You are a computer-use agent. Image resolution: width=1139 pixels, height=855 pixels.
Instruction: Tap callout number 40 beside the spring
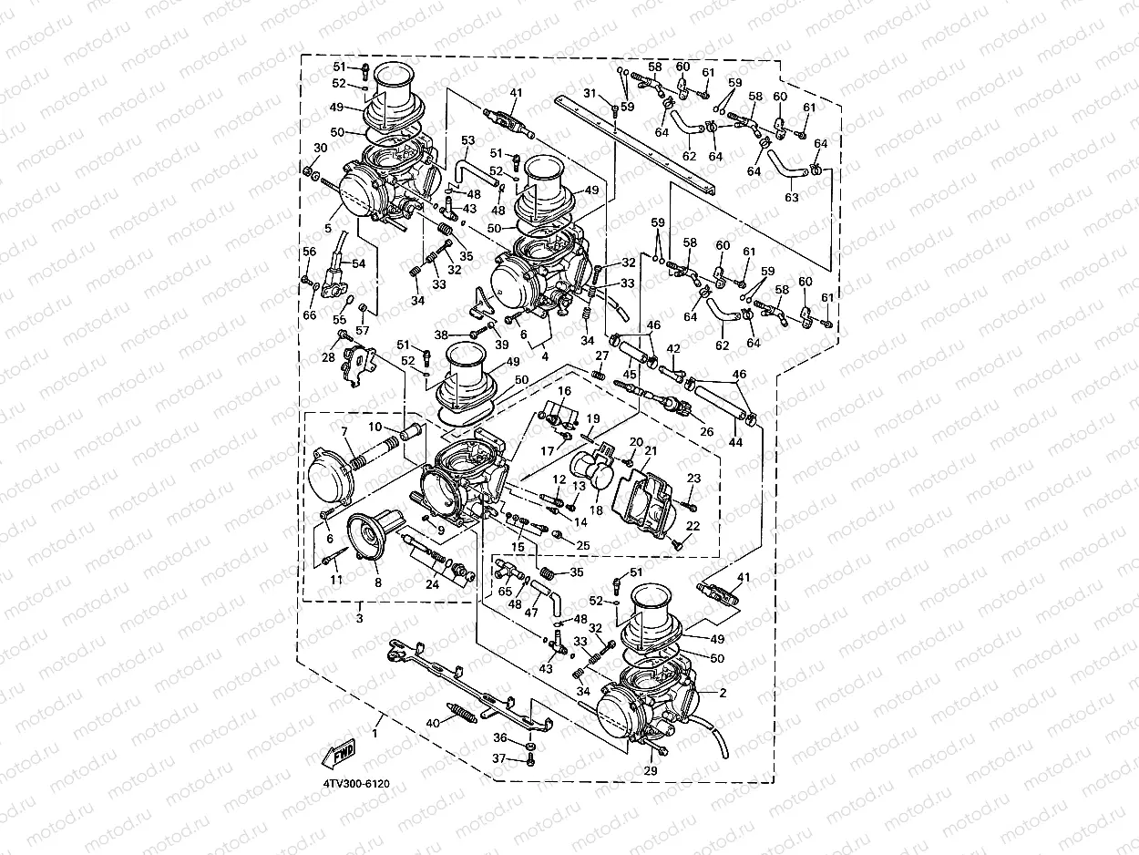click(433, 723)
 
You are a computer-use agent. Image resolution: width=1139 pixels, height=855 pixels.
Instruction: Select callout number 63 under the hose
click(791, 197)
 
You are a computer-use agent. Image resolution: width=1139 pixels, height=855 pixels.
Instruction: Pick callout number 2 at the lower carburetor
click(723, 693)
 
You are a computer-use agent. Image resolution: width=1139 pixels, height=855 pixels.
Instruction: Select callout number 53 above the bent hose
click(468, 140)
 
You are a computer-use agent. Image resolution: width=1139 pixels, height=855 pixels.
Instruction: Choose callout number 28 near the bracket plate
click(328, 357)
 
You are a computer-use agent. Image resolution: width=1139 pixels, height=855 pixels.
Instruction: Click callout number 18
click(596, 510)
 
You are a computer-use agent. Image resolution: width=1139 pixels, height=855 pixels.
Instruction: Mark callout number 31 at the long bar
click(590, 94)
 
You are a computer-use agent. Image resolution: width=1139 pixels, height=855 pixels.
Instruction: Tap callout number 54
click(358, 263)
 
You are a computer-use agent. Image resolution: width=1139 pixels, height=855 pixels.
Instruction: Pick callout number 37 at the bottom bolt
click(499, 758)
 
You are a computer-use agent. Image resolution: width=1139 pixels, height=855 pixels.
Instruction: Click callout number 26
click(706, 432)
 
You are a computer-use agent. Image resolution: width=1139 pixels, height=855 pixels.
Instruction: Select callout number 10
click(375, 427)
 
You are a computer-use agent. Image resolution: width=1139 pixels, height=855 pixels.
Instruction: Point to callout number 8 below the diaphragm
click(377, 581)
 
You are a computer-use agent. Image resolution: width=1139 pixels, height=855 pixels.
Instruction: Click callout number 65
click(504, 591)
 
